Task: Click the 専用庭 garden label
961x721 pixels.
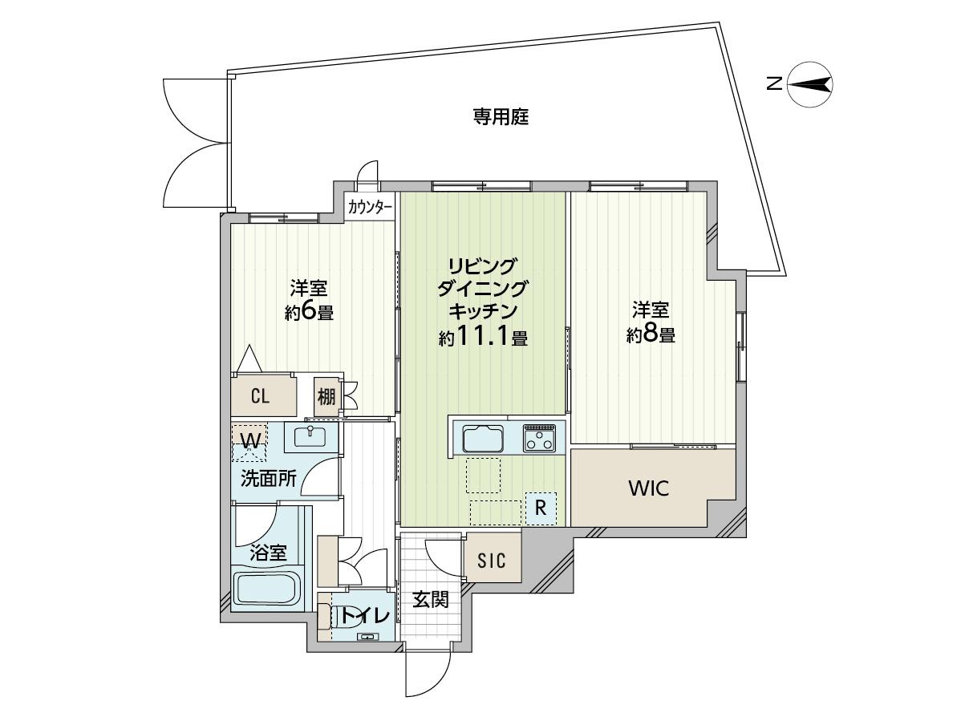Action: (x=500, y=116)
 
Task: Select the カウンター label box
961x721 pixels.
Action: (x=370, y=208)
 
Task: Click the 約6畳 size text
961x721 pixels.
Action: (x=309, y=313)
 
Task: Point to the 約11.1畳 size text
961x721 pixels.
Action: (x=484, y=337)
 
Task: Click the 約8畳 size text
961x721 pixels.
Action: (x=651, y=334)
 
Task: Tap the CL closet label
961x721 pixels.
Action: (x=261, y=396)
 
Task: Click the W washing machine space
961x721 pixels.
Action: (x=249, y=442)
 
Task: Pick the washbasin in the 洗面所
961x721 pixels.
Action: (x=310, y=437)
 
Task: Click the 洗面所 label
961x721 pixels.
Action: (x=269, y=478)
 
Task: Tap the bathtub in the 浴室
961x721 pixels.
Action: (x=266, y=590)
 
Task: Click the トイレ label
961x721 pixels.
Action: (x=364, y=615)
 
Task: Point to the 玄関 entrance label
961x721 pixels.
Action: (x=430, y=599)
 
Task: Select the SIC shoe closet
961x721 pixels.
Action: (x=493, y=560)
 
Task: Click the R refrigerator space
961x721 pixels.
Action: (x=541, y=508)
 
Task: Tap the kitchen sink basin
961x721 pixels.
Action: (x=483, y=439)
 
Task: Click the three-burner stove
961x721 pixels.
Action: (x=539, y=437)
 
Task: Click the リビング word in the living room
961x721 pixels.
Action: (x=483, y=265)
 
